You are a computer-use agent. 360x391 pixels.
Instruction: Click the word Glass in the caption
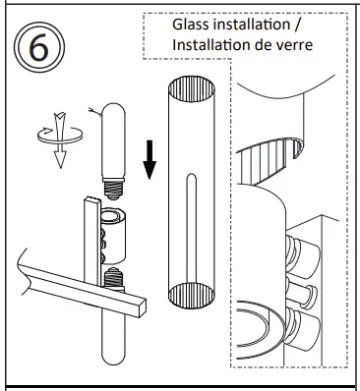point(194,23)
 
